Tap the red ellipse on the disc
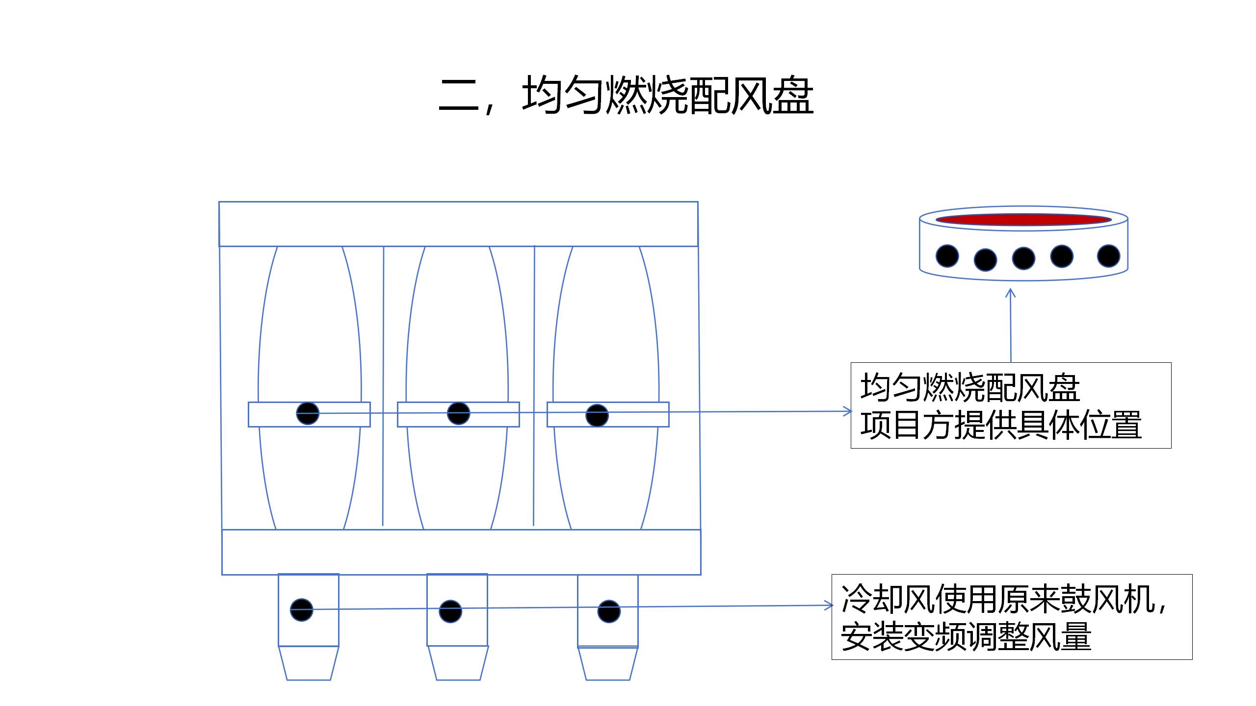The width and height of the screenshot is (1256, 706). pyautogui.click(x=1023, y=220)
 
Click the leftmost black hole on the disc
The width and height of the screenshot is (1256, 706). pyautogui.click(x=947, y=256)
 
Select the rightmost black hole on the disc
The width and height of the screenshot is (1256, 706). pyautogui.click(x=1108, y=256)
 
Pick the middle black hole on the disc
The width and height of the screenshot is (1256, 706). pyautogui.click(x=1023, y=258)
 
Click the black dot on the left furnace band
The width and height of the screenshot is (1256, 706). pyautogui.click(x=308, y=413)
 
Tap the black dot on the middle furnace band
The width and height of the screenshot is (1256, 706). pyautogui.click(x=458, y=413)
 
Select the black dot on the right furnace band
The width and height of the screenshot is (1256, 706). pyautogui.click(x=597, y=415)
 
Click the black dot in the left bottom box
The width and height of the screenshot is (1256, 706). pyautogui.click(x=302, y=610)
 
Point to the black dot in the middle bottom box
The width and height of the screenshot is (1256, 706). pyautogui.click(x=450, y=611)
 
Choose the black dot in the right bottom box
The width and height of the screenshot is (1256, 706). pyautogui.click(x=609, y=611)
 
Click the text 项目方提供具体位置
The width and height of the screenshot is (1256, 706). pyautogui.click(x=1001, y=425)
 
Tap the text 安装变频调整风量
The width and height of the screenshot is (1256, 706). pyautogui.click(x=966, y=637)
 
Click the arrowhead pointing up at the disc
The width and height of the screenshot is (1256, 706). pyautogui.click(x=1010, y=293)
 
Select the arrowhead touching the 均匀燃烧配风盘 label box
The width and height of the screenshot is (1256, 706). pyautogui.click(x=847, y=411)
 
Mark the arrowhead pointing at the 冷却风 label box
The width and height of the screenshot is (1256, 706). pyautogui.click(x=829, y=606)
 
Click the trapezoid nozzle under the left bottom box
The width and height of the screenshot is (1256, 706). pyautogui.click(x=309, y=663)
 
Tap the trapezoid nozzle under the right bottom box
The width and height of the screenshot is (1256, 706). pyautogui.click(x=608, y=663)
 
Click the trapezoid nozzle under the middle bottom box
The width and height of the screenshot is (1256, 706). pyautogui.click(x=458, y=663)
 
